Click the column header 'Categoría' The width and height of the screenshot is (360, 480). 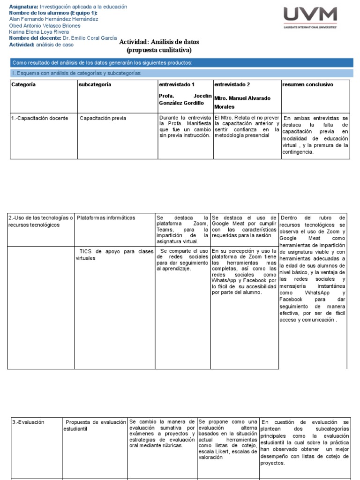(x=23, y=85)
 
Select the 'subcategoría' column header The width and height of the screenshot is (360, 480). (x=95, y=85)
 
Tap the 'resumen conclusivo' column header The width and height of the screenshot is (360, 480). (x=307, y=85)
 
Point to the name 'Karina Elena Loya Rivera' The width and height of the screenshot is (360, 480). (x=38, y=32)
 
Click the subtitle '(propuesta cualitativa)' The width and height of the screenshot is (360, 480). (x=159, y=50)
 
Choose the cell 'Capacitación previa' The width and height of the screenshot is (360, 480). (x=103, y=118)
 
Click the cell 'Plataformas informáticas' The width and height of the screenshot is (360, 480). (x=105, y=217)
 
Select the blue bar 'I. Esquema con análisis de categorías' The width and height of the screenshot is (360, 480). (x=76, y=74)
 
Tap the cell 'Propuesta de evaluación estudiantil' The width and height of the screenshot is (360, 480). (x=95, y=425)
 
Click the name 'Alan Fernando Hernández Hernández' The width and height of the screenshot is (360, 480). (x=54, y=19)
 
